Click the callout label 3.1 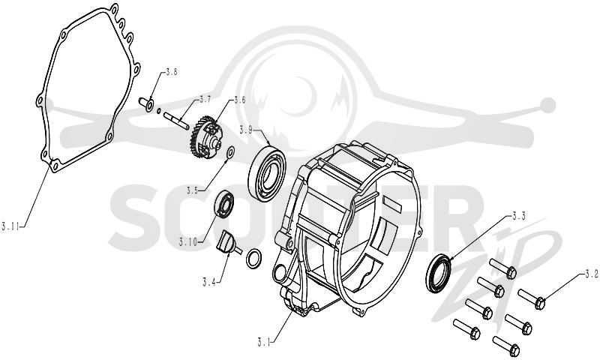point(264,342)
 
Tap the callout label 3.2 point(592,274)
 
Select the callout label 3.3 point(519,216)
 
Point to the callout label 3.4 point(209,283)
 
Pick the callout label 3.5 point(193,190)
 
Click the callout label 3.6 point(239,100)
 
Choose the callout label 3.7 point(205,100)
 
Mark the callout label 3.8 point(171,72)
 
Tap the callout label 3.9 point(246,130)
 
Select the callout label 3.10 point(188,242)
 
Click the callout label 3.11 point(10,226)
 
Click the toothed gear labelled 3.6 point(205,137)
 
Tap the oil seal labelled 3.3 point(439,273)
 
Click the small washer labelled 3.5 point(231,151)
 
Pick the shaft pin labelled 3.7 point(175,120)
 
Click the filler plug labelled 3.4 point(229,242)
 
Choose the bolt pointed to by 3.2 point(532,298)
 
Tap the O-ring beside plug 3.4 point(254,259)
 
